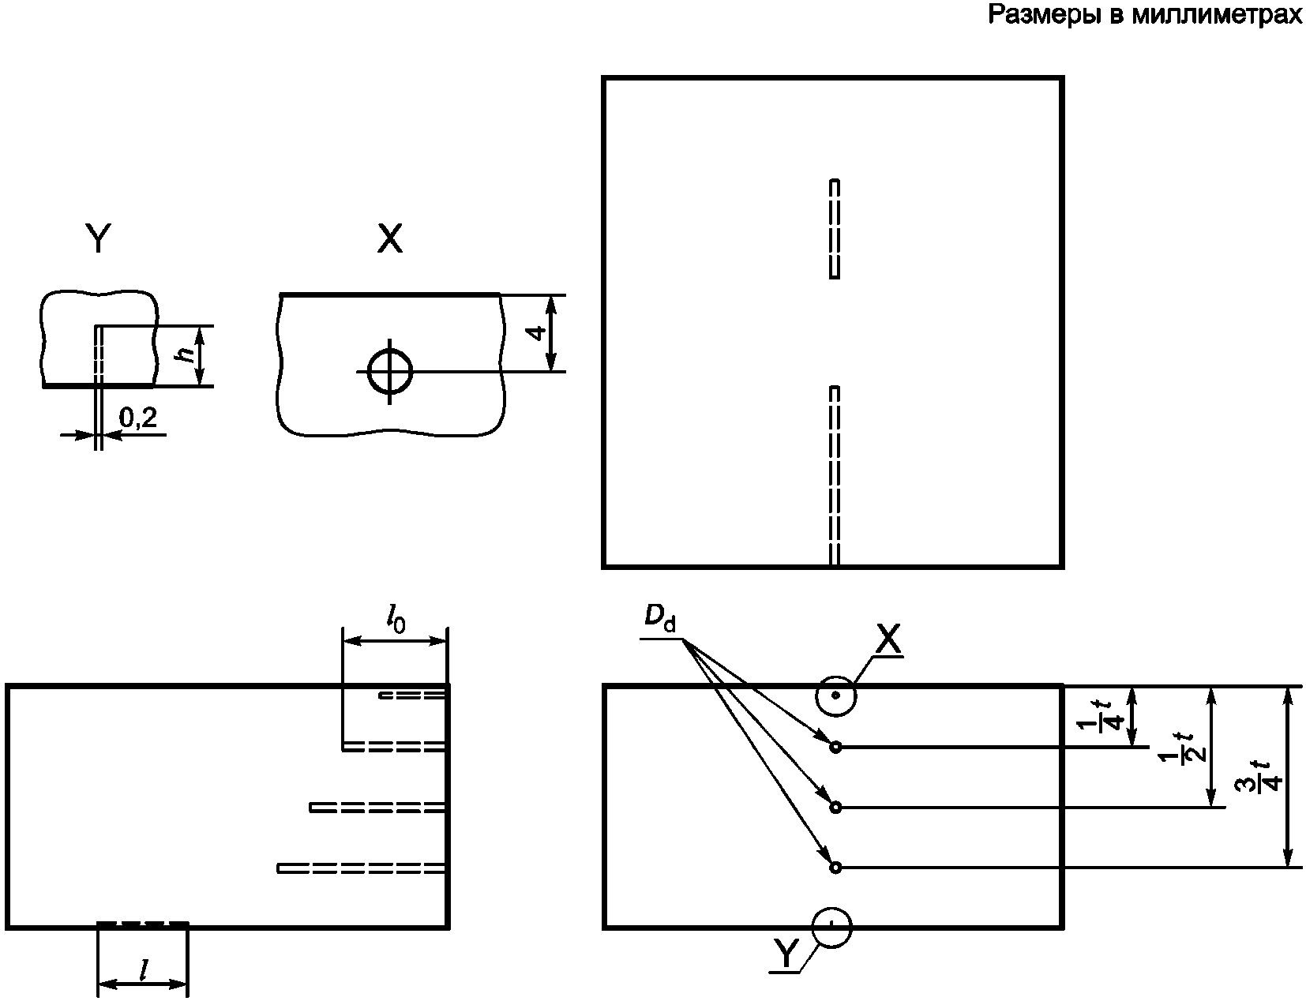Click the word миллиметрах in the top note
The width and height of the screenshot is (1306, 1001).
pyautogui.click(x=1217, y=14)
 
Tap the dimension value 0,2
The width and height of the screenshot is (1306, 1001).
pyautogui.click(x=138, y=417)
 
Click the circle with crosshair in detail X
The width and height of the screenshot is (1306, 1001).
pyautogui.click(x=390, y=372)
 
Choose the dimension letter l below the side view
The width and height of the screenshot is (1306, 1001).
pyautogui.click(x=142, y=971)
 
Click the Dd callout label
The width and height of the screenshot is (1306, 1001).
pyautogui.click(x=659, y=619)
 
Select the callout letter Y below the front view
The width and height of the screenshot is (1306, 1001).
pyautogui.click(x=786, y=953)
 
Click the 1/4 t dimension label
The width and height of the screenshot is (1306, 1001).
pyautogui.click(x=1100, y=717)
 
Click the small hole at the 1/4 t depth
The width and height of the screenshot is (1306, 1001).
pyautogui.click(x=835, y=748)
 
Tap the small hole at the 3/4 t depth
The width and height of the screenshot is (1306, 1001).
pyautogui.click(x=835, y=868)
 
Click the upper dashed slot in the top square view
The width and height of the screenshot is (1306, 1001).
pyautogui.click(x=834, y=229)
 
